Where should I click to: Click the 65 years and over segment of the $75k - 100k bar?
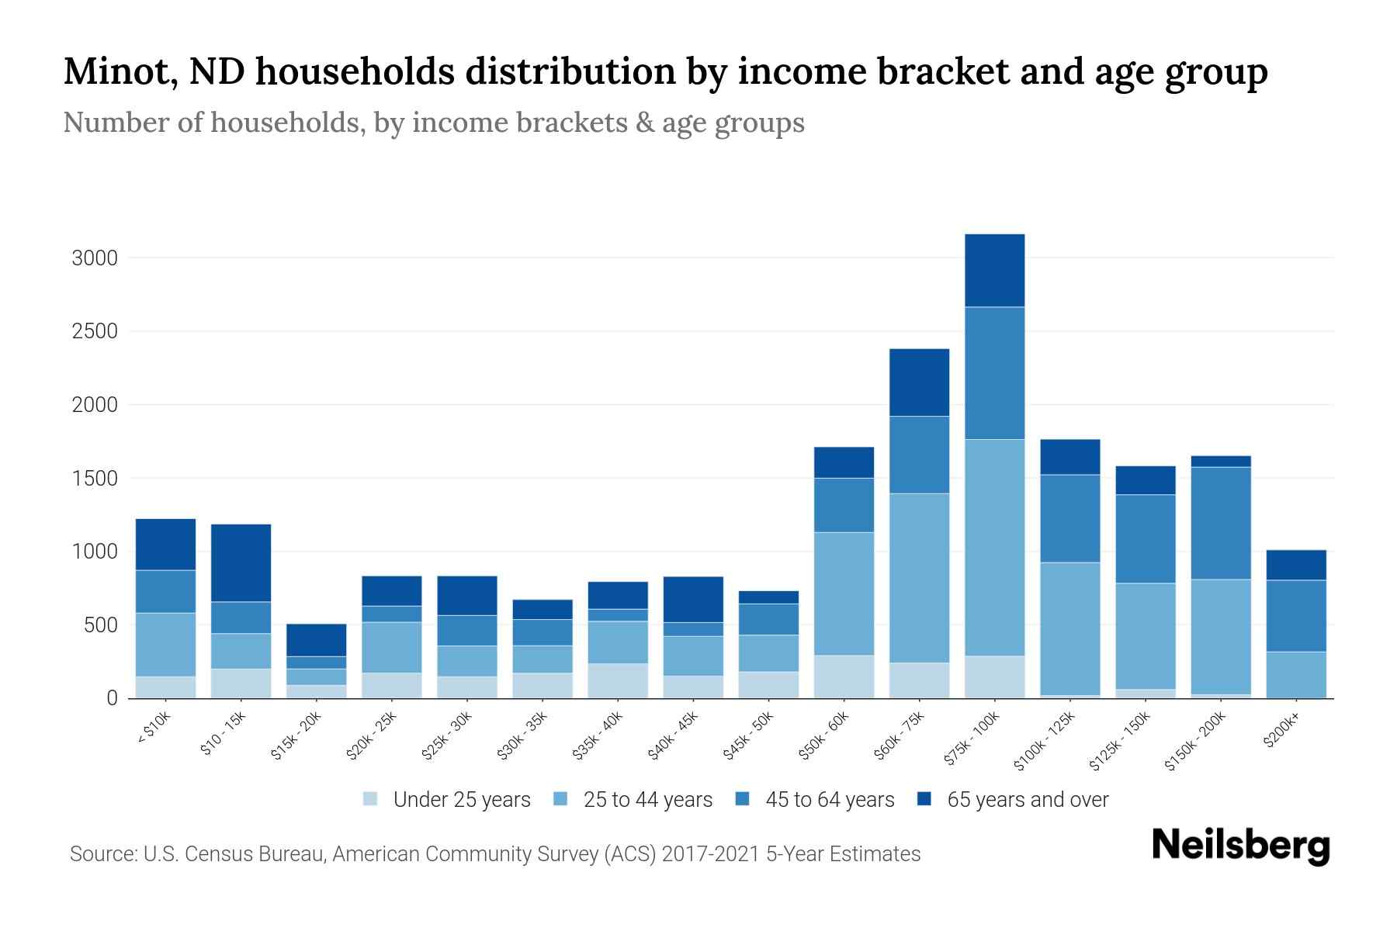pyautogui.click(x=994, y=270)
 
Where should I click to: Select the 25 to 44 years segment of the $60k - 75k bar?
pyautogui.click(x=919, y=578)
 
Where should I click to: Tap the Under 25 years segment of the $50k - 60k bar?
pyautogui.click(x=844, y=677)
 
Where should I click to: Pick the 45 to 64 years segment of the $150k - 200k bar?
pyautogui.click(x=1221, y=523)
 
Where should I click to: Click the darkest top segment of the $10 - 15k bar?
pyautogui.click(x=241, y=562)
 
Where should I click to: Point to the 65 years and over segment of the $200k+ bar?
pyautogui.click(x=1296, y=565)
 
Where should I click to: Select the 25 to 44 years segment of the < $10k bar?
pyautogui.click(x=165, y=644)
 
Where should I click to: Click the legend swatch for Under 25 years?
pyautogui.click(x=370, y=799)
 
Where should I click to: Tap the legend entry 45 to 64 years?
pyautogui.click(x=829, y=800)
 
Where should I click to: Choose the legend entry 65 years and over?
pyautogui.click(x=1027, y=800)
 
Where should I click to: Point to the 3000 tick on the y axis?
pyautogui.click(x=94, y=258)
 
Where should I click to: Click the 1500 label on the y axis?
pyautogui.click(x=94, y=479)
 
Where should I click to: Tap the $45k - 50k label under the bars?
pyautogui.click(x=749, y=736)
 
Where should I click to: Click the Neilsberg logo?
pyautogui.click(x=1240, y=846)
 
